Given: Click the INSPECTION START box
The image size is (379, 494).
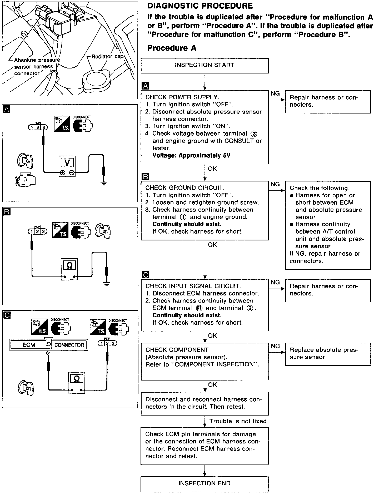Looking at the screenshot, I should (205, 65).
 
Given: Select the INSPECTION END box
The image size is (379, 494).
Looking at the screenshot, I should (205, 483).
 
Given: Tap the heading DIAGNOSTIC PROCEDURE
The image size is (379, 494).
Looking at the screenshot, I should (200, 6).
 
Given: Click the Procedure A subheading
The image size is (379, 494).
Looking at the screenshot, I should (172, 48).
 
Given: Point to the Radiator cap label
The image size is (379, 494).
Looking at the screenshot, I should (107, 57).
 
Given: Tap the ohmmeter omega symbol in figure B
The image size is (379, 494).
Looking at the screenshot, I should (69, 266).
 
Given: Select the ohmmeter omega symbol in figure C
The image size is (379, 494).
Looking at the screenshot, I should (77, 379).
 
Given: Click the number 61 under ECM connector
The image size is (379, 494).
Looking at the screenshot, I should (48, 353).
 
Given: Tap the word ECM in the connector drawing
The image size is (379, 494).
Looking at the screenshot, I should (29, 345).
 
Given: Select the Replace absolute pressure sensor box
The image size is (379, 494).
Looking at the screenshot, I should (328, 354).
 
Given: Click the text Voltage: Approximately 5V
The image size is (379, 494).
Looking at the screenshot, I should (191, 155).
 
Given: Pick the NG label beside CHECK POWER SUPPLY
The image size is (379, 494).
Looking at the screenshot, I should (275, 93).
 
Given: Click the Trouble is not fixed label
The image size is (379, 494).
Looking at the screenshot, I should (238, 421).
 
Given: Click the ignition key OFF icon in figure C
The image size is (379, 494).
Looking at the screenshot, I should (26, 388).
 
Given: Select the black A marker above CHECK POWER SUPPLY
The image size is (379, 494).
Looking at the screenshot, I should (145, 86).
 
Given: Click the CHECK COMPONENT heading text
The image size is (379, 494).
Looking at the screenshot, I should (177, 350).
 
